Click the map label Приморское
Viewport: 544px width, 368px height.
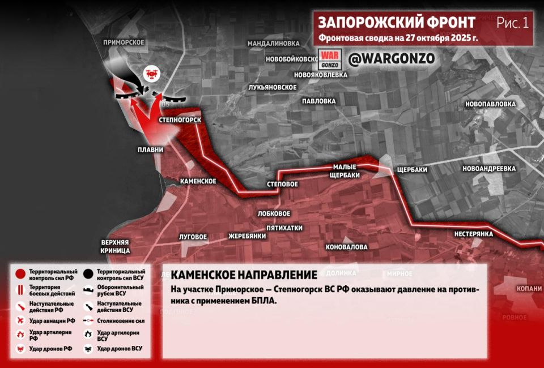[124, 42]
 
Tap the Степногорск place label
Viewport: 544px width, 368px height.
[180, 121]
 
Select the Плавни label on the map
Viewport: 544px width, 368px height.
[150, 150]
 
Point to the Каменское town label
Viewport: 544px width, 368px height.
[198, 181]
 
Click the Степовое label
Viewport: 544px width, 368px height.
[282, 185]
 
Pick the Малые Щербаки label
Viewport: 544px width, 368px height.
[346, 171]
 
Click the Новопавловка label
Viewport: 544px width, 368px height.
[490, 104]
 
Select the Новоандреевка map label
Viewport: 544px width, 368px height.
[488, 169]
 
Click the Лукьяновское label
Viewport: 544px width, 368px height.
[273, 87]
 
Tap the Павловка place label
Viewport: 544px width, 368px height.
[318, 101]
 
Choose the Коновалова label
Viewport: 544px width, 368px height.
[346, 247]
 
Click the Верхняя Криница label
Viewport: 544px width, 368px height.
[116, 245]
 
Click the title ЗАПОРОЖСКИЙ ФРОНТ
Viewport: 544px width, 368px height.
[396, 22]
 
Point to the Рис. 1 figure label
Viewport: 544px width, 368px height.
[512, 23]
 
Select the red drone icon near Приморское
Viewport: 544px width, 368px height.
[151, 73]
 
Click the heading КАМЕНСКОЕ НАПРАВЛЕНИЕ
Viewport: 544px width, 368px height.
[244, 275]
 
